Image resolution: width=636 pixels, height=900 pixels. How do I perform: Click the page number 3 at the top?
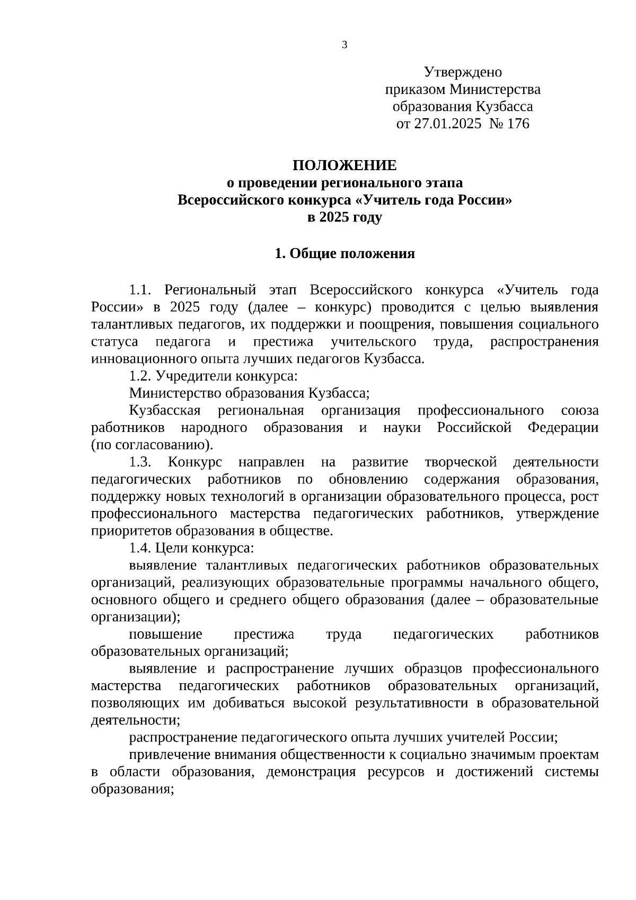pyautogui.click(x=344, y=45)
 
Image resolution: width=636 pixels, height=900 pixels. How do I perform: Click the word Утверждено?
pyautogui.click(x=463, y=72)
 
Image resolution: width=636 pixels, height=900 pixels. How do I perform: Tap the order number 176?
pyautogui.click(x=518, y=124)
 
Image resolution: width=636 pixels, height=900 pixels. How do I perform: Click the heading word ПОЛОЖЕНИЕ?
pyautogui.click(x=344, y=165)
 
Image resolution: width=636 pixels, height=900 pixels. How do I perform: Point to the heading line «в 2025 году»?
pyautogui.click(x=344, y=217)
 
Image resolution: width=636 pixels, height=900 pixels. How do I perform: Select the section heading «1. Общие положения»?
pyautogui.click(x=344, y=253)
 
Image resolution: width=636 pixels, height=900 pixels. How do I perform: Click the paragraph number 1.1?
pyautogui.click(x=140, y=290)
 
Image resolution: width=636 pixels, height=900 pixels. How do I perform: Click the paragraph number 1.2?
pyautogui.click(x=140, y=376)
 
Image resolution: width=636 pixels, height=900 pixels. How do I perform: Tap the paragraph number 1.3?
pyautogui.click(x=140, y=462)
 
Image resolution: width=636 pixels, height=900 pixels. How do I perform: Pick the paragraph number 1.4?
pyautogui.click(x=140, y=548)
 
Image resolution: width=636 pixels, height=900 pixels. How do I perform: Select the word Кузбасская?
pyautogui.click(x=164, y=411)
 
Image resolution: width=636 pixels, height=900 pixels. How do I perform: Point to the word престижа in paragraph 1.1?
pyautogui.click(x=283, y=342)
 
